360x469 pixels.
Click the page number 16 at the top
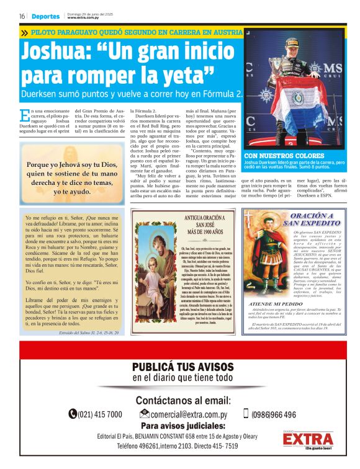coord(22,16)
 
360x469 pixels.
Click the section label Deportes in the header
coord(45,16)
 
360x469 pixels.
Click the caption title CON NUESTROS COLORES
coord(284,156)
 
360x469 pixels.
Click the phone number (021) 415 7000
coord(100,414)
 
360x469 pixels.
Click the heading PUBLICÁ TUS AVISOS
coord(182,367)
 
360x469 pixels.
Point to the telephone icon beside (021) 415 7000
coord(73,414)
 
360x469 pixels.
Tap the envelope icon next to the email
coord(145,414)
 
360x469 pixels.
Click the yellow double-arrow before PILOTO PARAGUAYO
coord(24,32)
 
